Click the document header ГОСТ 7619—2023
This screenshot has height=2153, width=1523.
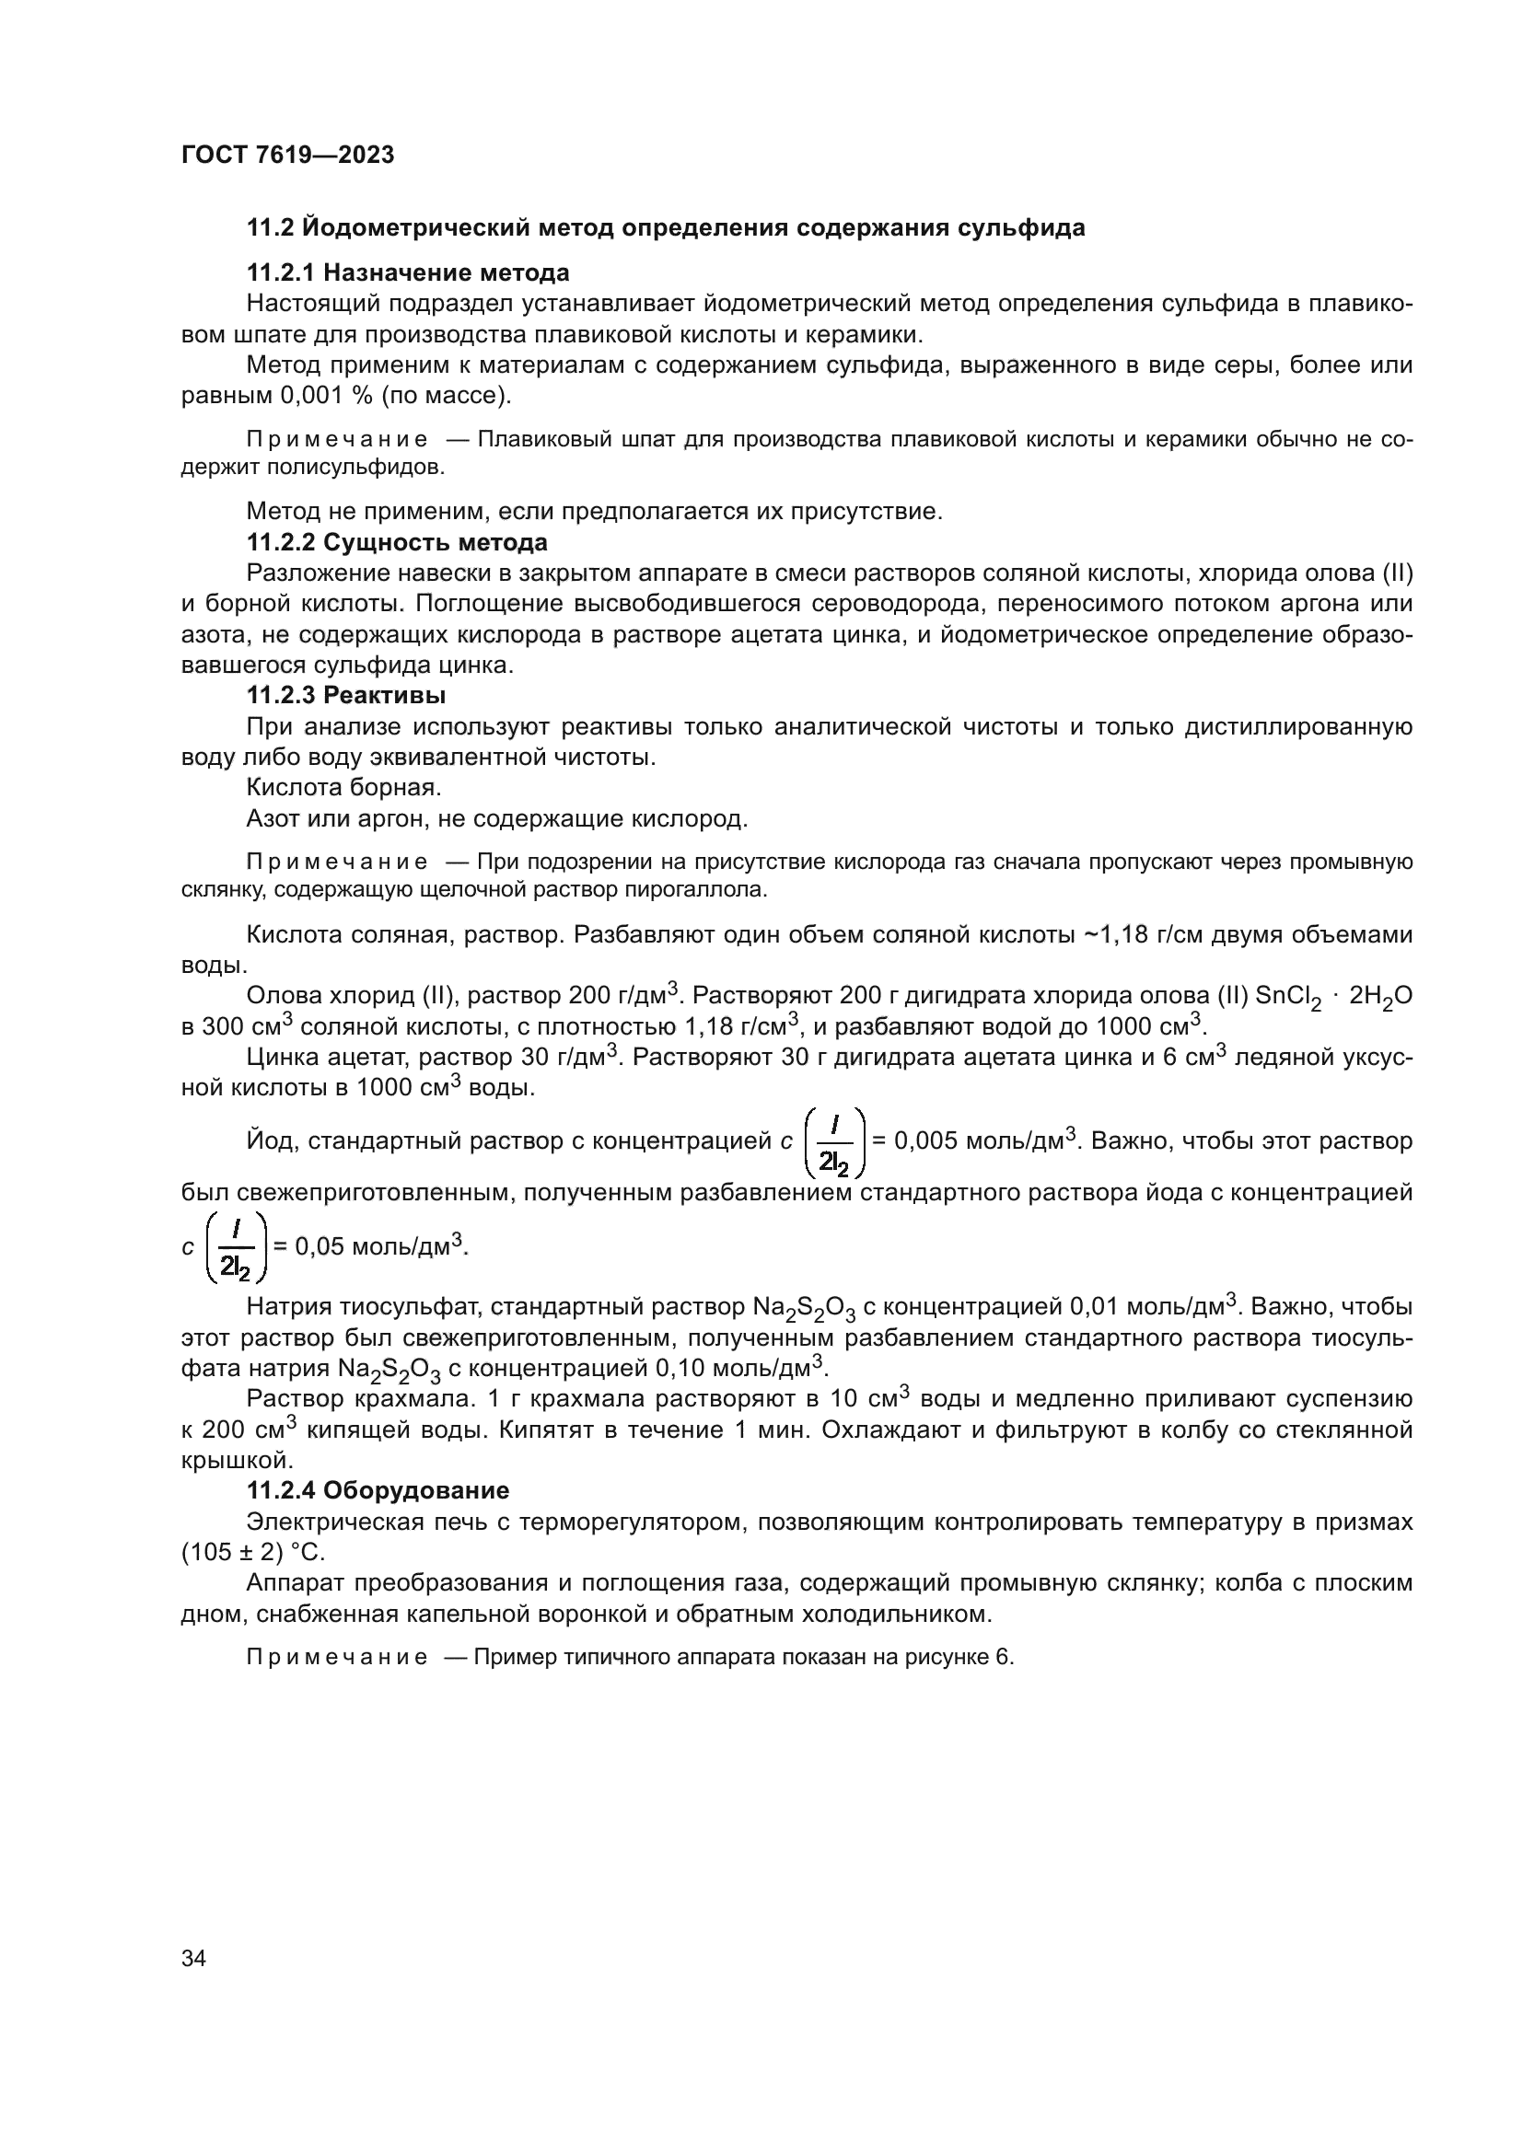click(287, 156)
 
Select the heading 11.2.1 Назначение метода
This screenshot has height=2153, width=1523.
click(407, 272)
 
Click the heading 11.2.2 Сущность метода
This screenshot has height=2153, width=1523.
click(397, 542)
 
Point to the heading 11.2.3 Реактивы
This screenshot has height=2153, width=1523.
click(345, 695)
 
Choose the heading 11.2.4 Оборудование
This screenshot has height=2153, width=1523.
click(377, 1490)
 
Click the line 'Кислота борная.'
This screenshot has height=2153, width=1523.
click(343, 788)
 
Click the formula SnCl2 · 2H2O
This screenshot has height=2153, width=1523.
click(1332, 998)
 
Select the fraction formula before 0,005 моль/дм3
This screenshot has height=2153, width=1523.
click(833, 1142)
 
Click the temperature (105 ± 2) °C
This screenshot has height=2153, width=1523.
click(252, 1552)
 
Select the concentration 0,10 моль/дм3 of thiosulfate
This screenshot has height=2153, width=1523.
click(748, 1368)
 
